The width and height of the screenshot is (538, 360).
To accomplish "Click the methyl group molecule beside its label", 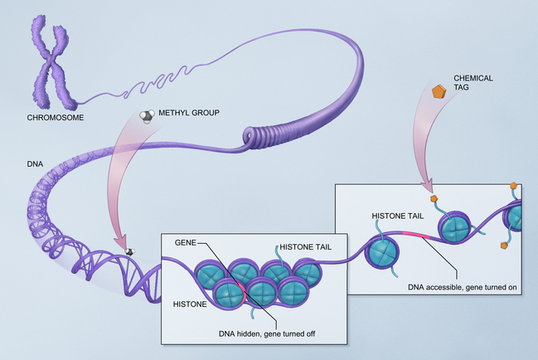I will coord(146,117).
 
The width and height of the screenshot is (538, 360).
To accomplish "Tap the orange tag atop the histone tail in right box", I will coord(433,199).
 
